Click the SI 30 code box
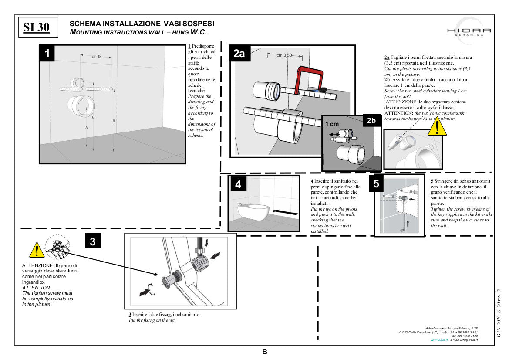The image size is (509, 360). tap(37, 27)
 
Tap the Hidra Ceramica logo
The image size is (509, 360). tap(469, 31)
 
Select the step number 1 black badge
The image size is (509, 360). tap(47, 54)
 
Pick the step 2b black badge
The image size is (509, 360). tap(371, 121)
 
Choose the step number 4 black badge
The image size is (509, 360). tap(238, 185)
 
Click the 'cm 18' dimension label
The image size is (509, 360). tap(97, 56)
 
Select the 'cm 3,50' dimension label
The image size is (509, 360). tap(284, 55)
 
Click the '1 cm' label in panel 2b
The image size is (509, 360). tap(332, 124)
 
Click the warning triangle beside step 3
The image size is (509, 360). tap(37, 250)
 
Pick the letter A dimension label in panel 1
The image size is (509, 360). tap(87, 128)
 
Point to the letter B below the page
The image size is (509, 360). tap(264, 352)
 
